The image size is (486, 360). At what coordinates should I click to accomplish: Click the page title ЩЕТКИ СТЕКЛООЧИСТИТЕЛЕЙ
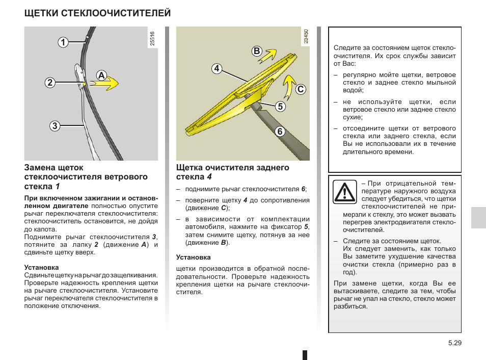coord(97,13)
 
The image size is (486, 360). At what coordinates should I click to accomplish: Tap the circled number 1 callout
coord(63,42)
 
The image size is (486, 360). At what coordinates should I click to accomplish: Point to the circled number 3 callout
coord(55,125)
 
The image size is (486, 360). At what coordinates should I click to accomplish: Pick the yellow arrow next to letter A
coord(107,84)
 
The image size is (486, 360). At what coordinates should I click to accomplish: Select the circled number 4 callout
coord(217,68)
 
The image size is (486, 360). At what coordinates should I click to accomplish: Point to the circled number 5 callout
coord(280,106)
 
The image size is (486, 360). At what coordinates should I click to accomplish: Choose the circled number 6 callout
coord(280,131)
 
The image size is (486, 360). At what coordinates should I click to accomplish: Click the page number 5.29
coord(454,344)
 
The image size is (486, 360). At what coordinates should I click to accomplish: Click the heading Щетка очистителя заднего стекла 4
coord(232,172)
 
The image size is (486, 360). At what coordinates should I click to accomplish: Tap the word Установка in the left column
coord(41,267)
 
